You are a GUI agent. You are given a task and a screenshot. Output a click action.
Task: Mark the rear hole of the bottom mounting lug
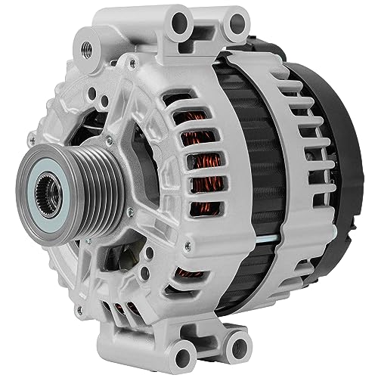click(238, 347)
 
